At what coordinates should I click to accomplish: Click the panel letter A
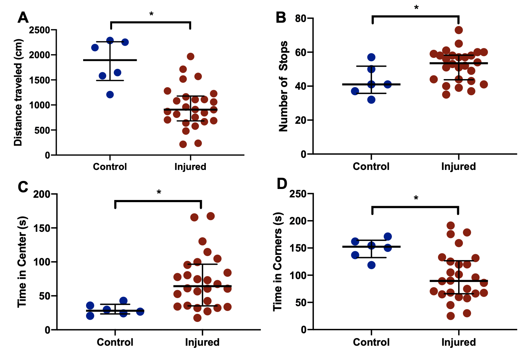coord(23,17)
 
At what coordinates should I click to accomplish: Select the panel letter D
coord(282,183)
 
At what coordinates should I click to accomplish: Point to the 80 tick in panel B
coord(301,18)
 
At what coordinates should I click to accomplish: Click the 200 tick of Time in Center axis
coord(42,194)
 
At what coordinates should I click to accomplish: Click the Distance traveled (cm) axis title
coord(18,92)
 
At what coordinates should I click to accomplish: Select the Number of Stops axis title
coord(283,86)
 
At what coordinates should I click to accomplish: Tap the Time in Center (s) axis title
coord(22,261)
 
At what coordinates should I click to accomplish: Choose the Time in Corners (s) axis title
coord(278,261)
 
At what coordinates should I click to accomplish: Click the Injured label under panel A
coord(190,167)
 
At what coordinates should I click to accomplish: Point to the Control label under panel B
coord(371,166)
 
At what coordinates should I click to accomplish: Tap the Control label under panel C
coord(115,342)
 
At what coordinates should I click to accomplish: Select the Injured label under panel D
coord(458,342)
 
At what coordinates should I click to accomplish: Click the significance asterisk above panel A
coord(151,15)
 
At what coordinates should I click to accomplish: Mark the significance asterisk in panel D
coord(416,198)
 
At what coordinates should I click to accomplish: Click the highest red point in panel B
coord(459,30)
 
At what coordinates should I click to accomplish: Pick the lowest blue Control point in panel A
coord(110,94)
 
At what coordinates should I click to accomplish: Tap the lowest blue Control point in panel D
coord(371,265)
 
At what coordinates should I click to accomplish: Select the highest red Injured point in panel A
coord(190,56)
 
